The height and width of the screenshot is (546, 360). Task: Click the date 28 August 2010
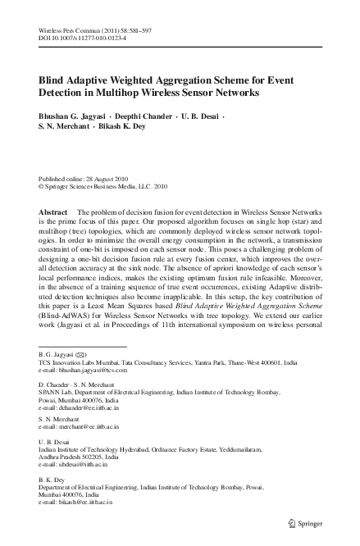click(102, 177)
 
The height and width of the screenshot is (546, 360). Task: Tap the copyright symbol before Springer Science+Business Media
click(43, 185)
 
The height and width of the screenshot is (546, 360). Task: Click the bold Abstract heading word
click(53, 211)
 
